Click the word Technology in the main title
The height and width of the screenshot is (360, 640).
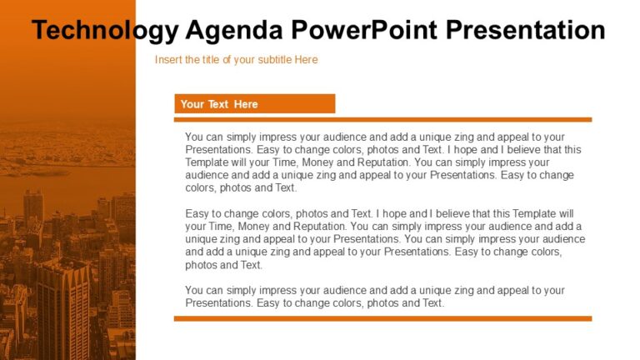tap(104, 31)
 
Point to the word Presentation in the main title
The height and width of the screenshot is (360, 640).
tap(525, 31)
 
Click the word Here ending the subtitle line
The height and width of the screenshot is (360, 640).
tap(305, 60)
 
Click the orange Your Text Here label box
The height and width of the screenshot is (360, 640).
tap(254, 104)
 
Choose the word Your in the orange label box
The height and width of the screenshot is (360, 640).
tap(192, 104)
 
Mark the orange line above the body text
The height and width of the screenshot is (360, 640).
tap(382, 120)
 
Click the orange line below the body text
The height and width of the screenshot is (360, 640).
tap(382, 318)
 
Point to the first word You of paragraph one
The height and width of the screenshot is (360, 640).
tap(194, 137)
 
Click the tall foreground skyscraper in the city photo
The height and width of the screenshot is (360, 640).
tap(62, 308)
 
